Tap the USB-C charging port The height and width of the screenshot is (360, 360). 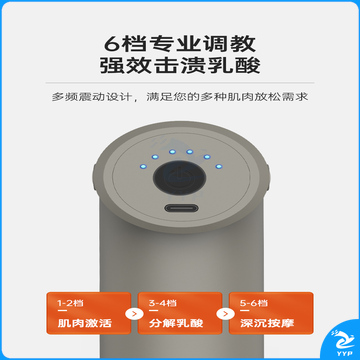(181, 209)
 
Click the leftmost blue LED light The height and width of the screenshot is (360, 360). (143, 166)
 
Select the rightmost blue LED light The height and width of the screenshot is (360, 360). (219, 166)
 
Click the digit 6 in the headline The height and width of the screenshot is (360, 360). (112, 43)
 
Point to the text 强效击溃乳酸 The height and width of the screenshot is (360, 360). (180, 65)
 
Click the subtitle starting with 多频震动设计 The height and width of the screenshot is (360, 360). (180, 97)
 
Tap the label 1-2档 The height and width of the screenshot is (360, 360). (70, 303)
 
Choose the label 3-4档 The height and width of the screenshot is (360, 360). (162, 303)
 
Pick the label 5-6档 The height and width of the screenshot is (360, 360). (254, 303)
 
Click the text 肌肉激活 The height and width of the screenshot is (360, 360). (84, 323)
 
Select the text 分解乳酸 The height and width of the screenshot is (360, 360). (176, 323)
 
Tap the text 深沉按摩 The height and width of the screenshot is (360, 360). (267, 323)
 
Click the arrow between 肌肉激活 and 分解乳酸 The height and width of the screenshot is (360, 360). (134, 313)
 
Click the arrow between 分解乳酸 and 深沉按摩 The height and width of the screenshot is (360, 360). (225, 313)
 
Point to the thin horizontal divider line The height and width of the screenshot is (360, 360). (180, 83)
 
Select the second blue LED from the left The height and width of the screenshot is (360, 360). (154, 156)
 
